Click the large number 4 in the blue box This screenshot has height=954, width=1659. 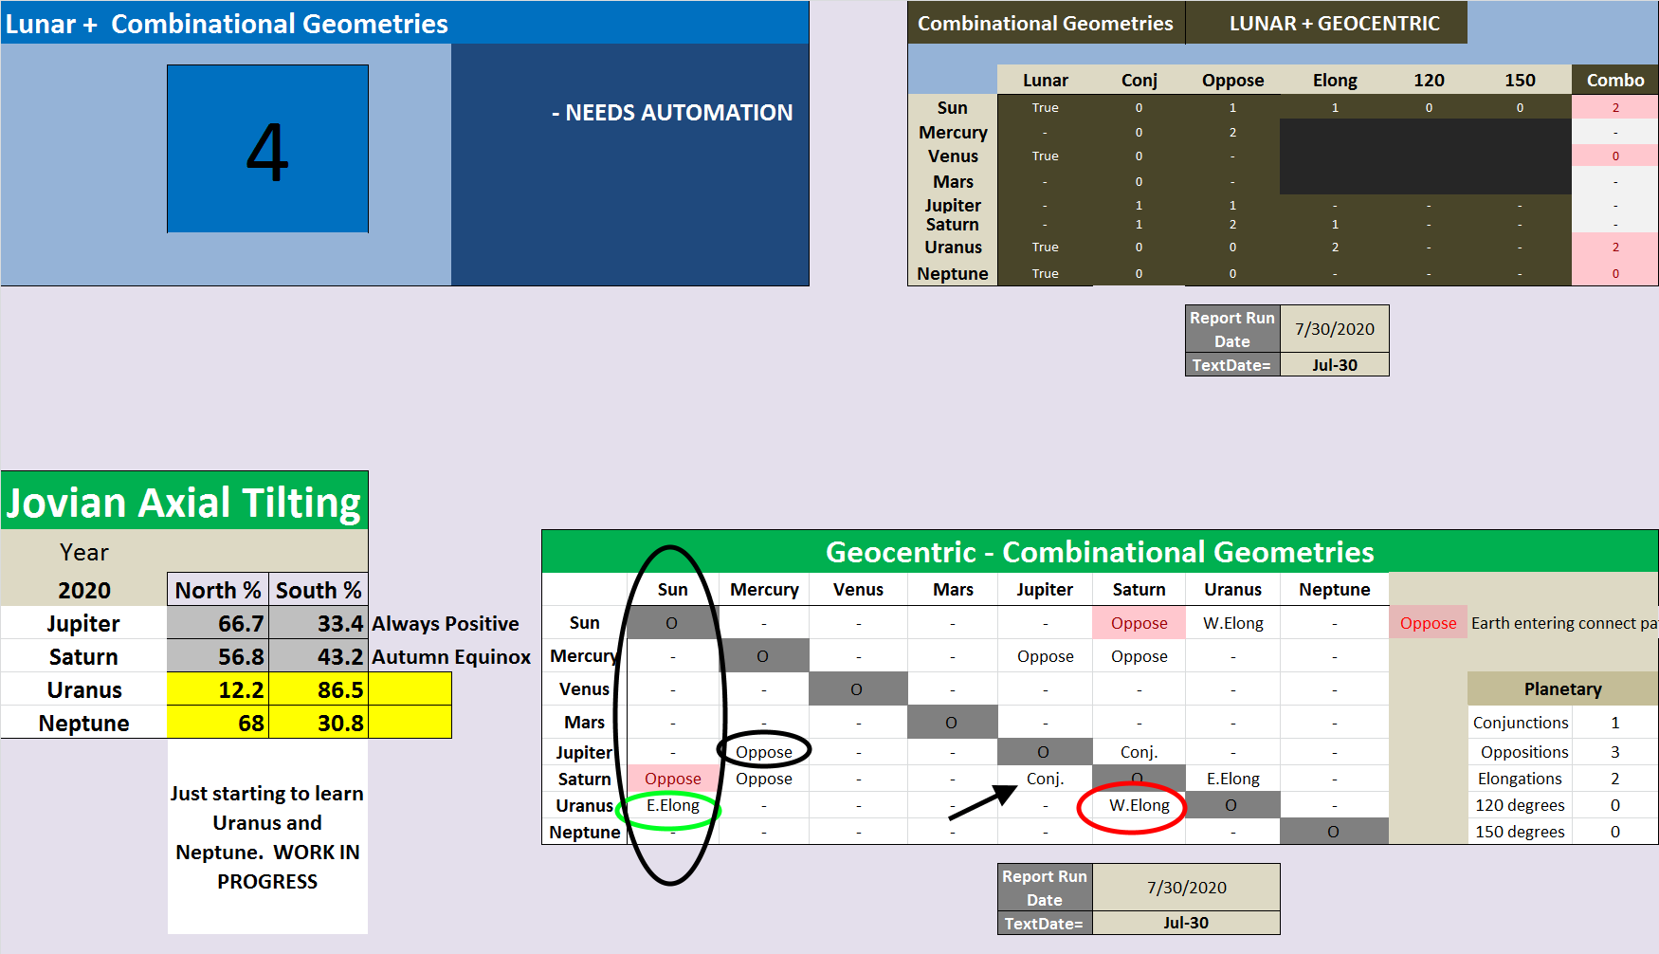[x=267, y=151]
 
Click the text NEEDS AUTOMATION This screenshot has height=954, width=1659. [x=672, y=113]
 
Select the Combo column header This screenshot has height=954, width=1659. [x=1614, y=81]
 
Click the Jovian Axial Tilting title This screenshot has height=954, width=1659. [x=184, y=503]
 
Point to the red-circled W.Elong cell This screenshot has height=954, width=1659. [x=1139, y=805]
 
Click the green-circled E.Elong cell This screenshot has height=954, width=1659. [x=672, y=805]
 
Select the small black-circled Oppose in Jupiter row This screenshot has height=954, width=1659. [x=764, y=752]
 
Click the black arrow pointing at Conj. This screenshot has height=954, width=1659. [x=982, y=802]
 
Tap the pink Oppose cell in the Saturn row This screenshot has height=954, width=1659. [x=672, y=779]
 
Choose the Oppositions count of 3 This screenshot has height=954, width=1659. [x=1614, y=752]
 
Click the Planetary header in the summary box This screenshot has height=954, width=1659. [x=1562, y=689]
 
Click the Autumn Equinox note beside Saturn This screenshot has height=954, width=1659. [x=451, y=656]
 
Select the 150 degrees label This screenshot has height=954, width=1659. [x=1520, y=832]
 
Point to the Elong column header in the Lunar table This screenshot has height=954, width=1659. [x=1335, y=81]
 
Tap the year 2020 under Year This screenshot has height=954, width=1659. [x=84, y=590]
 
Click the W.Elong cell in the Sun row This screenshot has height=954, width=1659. [x=1232, y=623]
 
